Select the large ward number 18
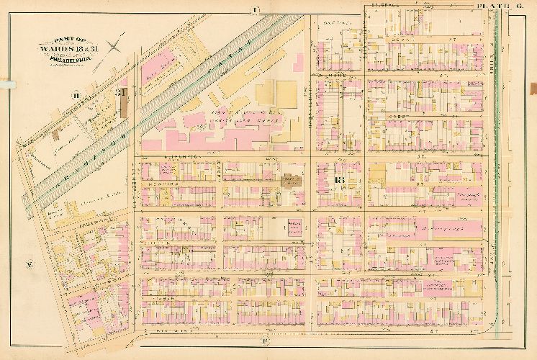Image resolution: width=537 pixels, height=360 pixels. pos(340,180)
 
